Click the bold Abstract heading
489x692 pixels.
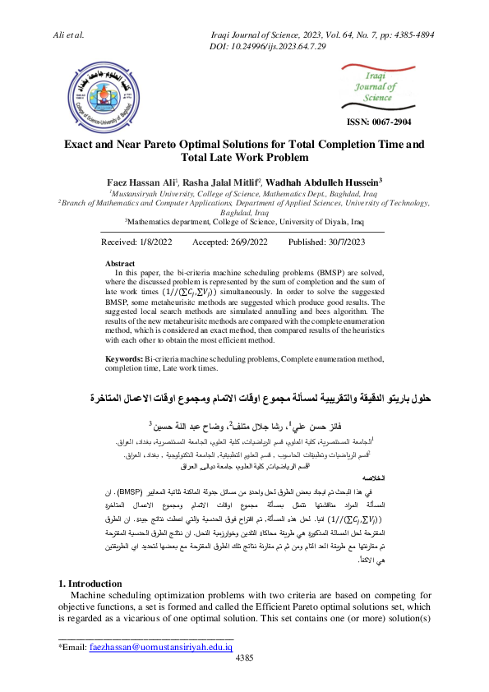point(123,264)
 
